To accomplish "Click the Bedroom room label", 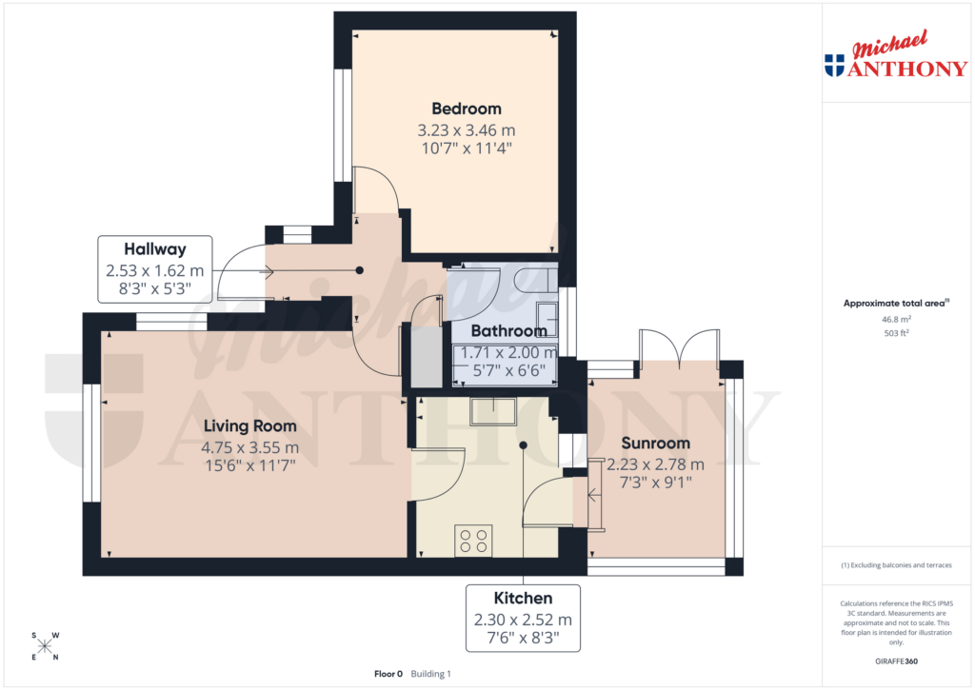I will tap(466, 108).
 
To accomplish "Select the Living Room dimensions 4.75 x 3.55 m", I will tap(249, 447).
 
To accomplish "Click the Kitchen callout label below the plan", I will tap(523, 599).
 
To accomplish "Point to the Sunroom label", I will tap(655, 444).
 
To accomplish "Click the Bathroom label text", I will tap(508, 331).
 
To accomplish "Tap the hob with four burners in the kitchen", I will tap(473, 541).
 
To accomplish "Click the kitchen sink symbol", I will tap(494, 409).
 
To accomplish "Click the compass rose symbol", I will tap(45, 646).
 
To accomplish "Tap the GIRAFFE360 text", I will tap(896, 661).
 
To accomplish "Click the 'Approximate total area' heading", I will tap(894, 304).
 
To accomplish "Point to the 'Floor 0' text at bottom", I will tap(388, 674).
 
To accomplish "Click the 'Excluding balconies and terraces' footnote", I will tap(896, 565).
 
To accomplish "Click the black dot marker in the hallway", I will tap(359, 270).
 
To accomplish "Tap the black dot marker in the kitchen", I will tap(524, 444).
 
